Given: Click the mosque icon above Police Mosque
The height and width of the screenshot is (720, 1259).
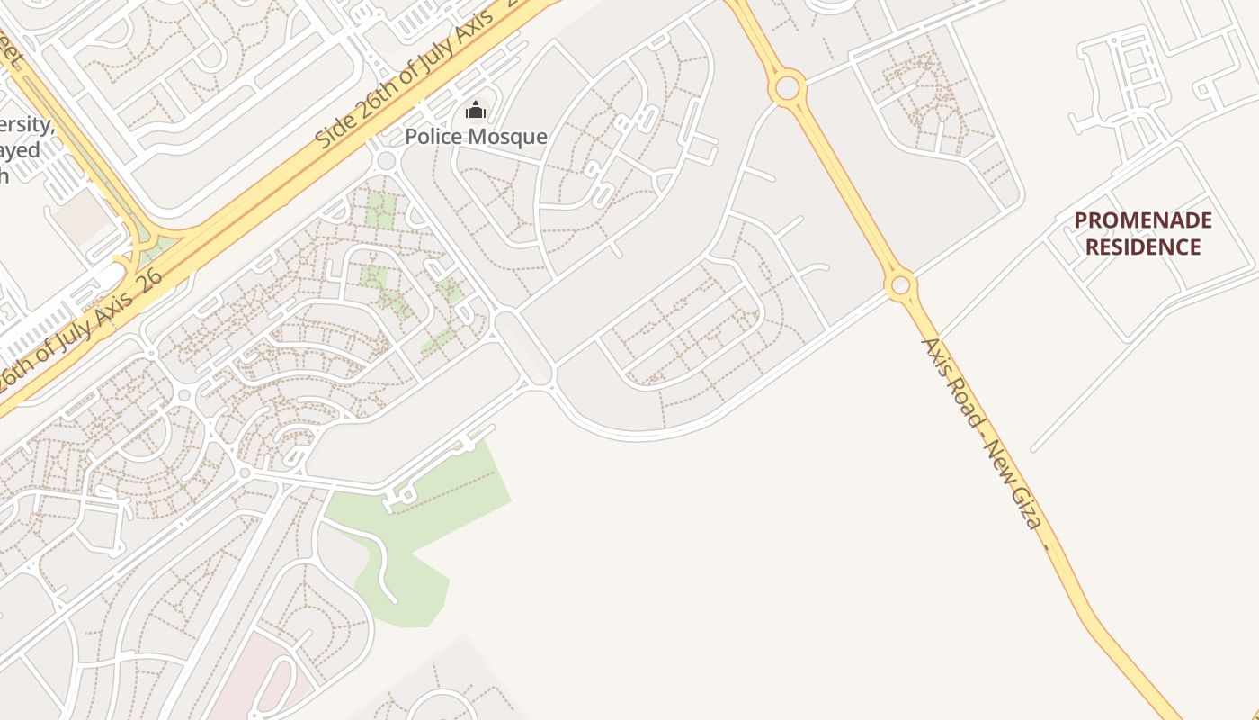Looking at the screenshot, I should point(475,111).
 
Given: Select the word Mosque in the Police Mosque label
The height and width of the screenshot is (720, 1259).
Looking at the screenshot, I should point(508,137).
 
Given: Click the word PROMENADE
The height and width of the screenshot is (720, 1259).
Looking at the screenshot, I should point(1143,220).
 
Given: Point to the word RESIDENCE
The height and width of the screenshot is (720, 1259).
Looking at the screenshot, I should point(1143,247).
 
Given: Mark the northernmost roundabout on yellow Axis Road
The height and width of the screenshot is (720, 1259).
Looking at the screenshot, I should point(788,88).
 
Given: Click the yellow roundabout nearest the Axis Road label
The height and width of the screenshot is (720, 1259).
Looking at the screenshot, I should point(900,286).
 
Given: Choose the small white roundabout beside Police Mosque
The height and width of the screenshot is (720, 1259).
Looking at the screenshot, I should point(388,161).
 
